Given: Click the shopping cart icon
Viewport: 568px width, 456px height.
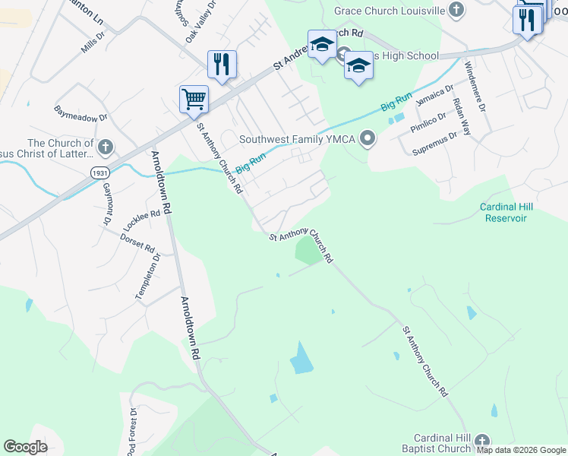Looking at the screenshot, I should [194, 99].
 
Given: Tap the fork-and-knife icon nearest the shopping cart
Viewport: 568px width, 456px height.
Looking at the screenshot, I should [222, 64].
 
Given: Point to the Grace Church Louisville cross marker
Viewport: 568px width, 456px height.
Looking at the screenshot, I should [456, 10].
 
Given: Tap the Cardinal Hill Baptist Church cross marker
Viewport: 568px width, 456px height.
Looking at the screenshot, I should [481, 441].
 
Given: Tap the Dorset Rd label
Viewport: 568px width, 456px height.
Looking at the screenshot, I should [137, 242].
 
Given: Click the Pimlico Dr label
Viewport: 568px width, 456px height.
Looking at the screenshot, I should [428, 123].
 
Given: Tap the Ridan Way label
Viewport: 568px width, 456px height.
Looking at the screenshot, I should [460, 117].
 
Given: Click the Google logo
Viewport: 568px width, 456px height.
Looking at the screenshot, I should [25, 447].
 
